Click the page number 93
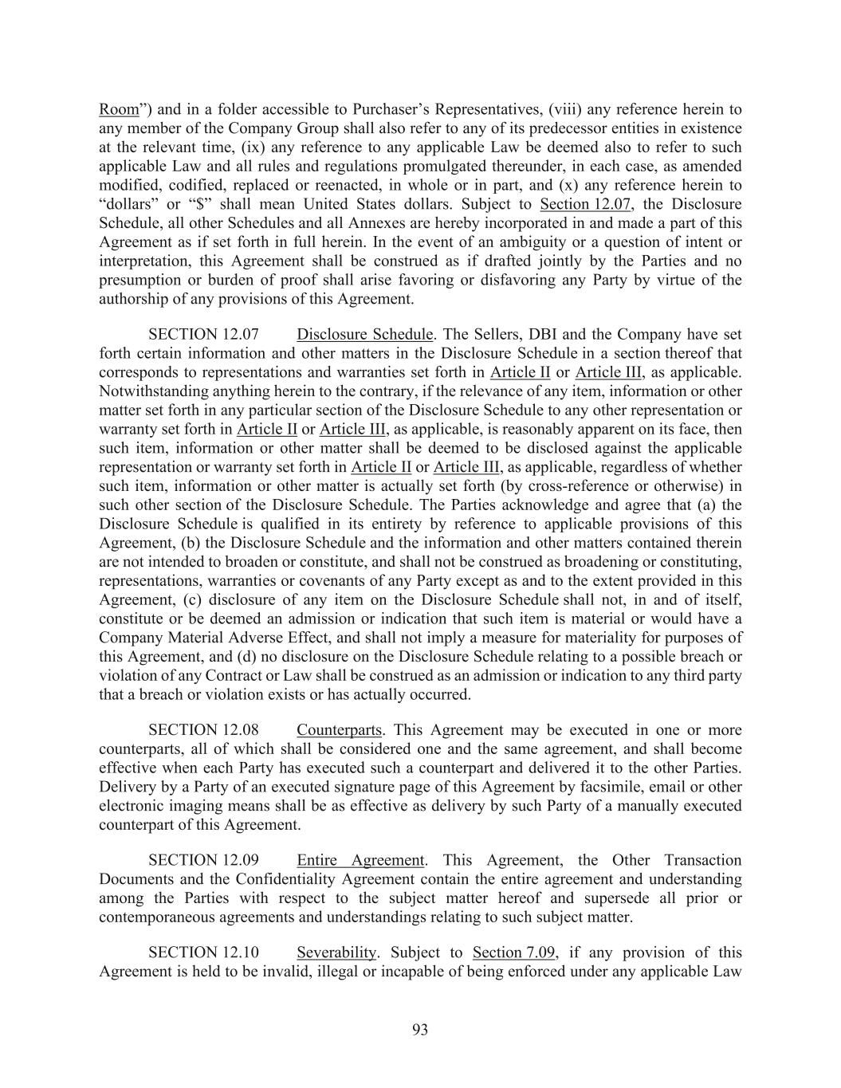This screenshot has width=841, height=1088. point(420,1030)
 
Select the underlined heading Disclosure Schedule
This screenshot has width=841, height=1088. point(364,335)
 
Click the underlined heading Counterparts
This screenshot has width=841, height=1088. point(340,730)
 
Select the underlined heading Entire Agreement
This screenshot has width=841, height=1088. point(360,860)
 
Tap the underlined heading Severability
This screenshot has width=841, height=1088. point(336,952)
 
